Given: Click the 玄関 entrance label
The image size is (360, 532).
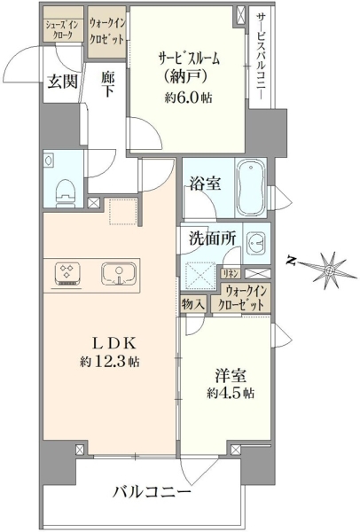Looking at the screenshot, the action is click(x=62, y=82).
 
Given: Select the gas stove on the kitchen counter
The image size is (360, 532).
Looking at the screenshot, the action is click(x=67, y=273).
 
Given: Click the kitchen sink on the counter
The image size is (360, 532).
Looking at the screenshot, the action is click(x=119, y=274).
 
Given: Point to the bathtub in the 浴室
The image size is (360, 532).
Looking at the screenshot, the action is click(x=251, y=188).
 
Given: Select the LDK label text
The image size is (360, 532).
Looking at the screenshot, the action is click(x=114, y=343).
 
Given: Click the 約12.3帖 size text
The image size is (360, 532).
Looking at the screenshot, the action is click(x=109, y=362).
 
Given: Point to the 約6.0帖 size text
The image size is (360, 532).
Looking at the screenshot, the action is click(x=189, y=98).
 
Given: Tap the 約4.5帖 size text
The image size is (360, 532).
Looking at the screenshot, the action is click(x=231, y=393).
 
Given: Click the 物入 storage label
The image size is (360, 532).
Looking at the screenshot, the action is click(x=193, y=304).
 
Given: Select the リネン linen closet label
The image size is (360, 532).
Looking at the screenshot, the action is click(x=231, y=273).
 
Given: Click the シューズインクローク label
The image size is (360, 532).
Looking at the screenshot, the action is click(x=62, y=30).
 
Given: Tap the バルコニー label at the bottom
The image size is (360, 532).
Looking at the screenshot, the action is click(x=152, y=492).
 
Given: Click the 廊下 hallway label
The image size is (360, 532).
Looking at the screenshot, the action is click(x=107, y=84).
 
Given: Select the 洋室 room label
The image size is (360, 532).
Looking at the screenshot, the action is click(x=231, y=375).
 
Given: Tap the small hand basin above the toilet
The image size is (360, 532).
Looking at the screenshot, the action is click(x=49, y=160).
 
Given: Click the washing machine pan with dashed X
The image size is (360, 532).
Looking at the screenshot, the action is click(x=199, y=274).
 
